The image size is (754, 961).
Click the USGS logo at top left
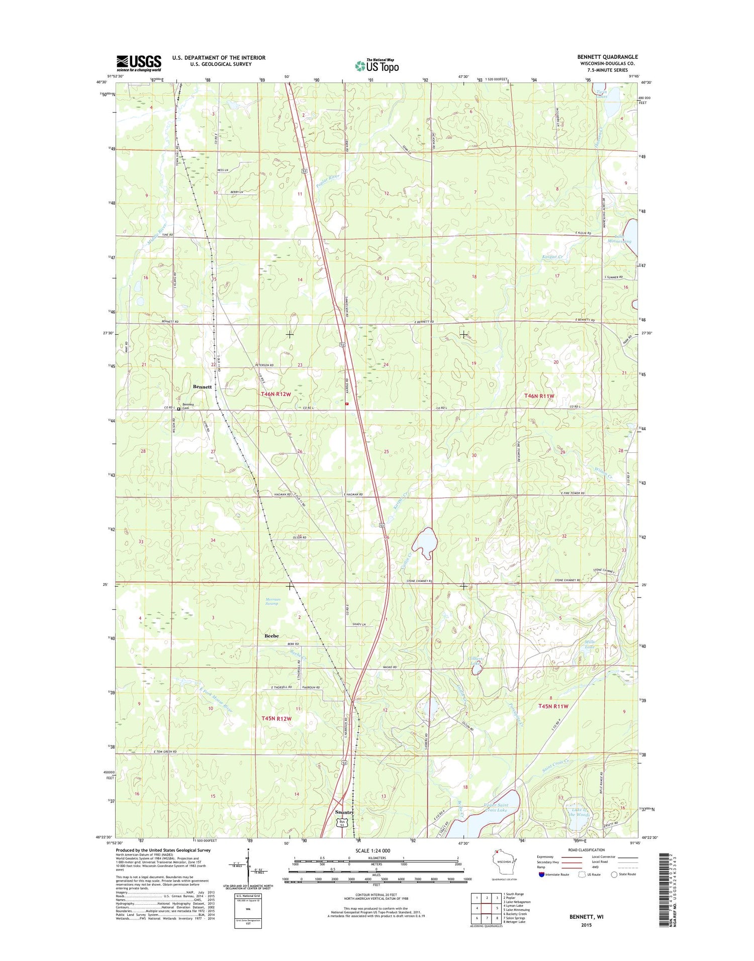[139, 62]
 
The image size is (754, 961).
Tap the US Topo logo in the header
[377, 65]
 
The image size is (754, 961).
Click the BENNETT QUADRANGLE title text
[607, 57]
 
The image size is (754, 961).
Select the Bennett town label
[202, 387]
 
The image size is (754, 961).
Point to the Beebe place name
[271, 636]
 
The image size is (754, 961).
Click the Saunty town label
[345, 812]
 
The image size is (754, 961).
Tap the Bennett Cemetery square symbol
[178, 409]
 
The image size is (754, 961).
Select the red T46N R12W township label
[275, 394]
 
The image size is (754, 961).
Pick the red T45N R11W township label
[553, 706]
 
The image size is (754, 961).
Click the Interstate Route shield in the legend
[541, 875]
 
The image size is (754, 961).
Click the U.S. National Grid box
[248, 910]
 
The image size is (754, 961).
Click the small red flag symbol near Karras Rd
[346, 403]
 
